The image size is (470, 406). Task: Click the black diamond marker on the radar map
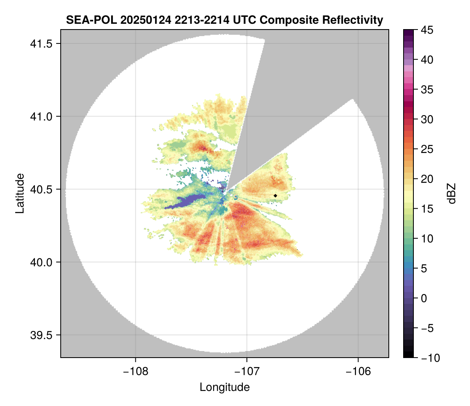tap(275, 196)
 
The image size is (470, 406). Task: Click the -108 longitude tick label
tap(135, 372)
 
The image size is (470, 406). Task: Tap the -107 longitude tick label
tap(247, 372)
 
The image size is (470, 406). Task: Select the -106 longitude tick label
tap(358, 372)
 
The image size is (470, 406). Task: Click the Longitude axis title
tap(224, 387)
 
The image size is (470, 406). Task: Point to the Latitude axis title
tap(20, 193)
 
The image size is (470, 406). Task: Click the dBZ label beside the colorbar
tap(452, 194)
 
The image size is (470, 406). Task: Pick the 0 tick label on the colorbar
tap(424, 298)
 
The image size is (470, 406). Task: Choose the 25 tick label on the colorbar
tap(427, 149)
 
